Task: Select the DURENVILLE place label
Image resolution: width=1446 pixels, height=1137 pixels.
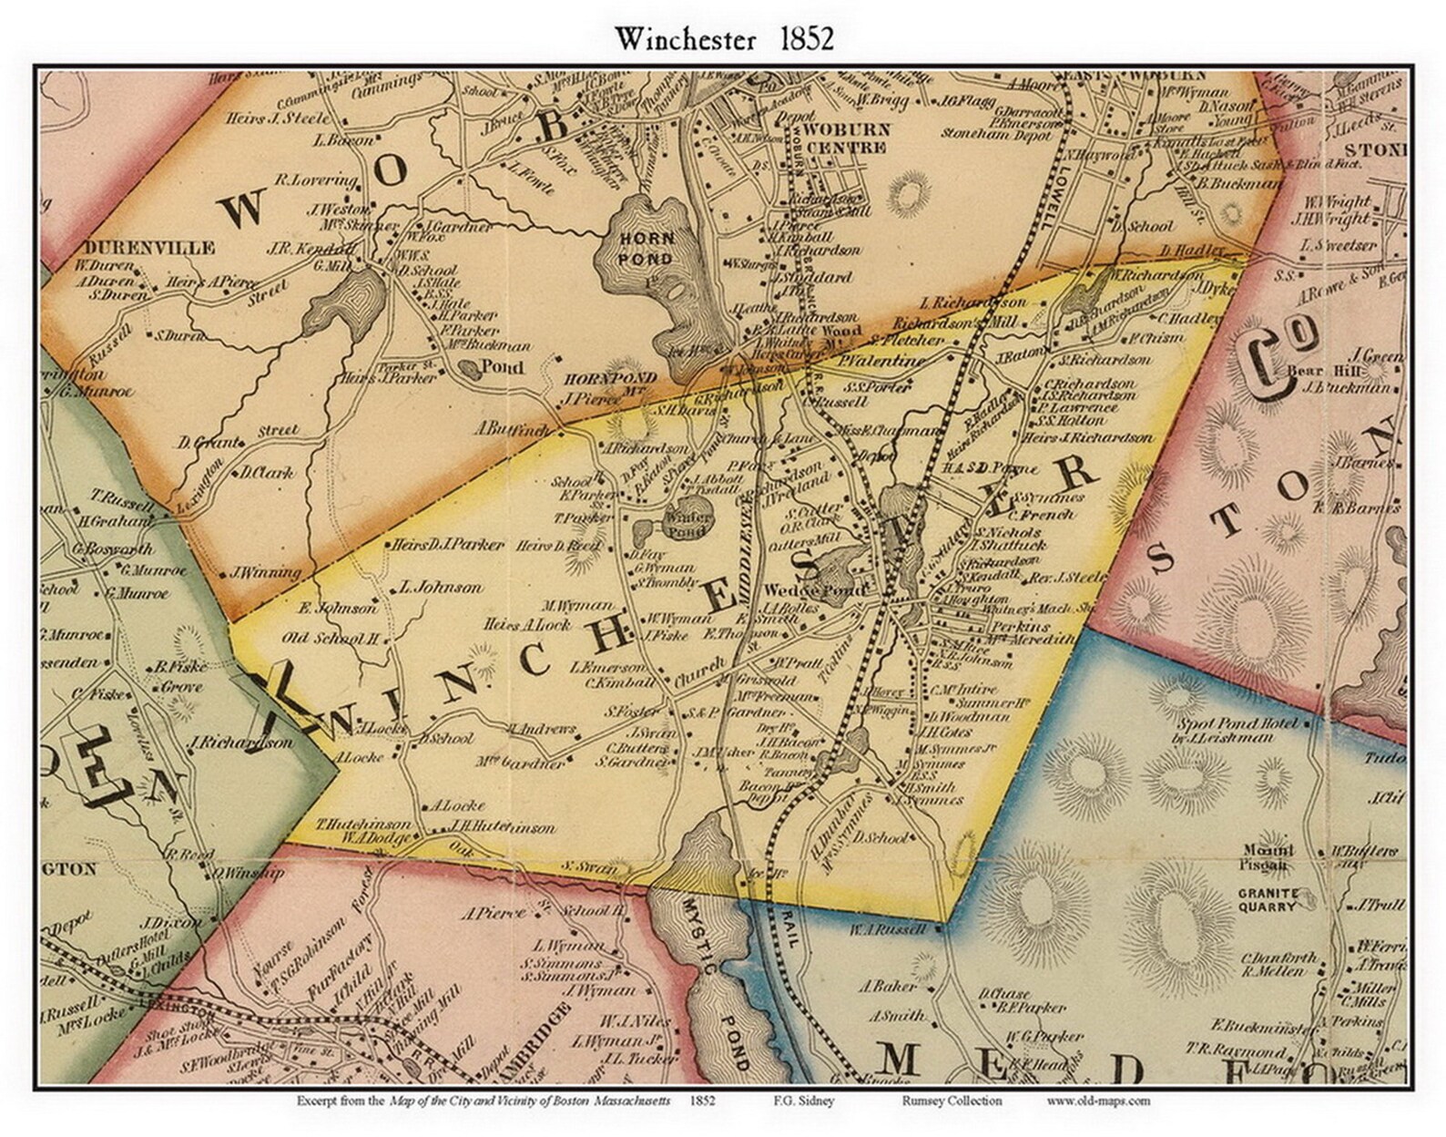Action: coord(149,248)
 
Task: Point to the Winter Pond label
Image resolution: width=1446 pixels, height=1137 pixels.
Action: coord(691,522)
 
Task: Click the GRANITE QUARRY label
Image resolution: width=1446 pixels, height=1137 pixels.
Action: coord(1267,900)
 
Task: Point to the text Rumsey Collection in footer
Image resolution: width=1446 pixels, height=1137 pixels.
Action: coord(952,1101)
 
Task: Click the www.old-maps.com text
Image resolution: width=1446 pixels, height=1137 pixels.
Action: coord(1098,1101)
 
